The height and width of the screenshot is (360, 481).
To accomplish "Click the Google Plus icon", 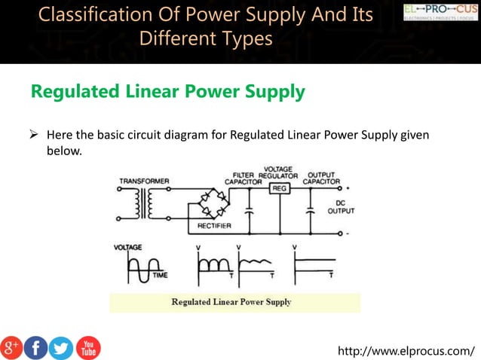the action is pyautogui.click(x=12, y=347).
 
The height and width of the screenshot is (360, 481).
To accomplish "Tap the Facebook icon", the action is pyautogui.click(x=36, y=347).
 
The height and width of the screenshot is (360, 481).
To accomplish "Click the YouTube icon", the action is pyautogui.click(x=87, y=347).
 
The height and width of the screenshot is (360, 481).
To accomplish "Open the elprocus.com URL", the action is pyautogui.click(x=407, y=350).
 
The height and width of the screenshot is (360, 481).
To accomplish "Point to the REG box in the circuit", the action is pyautogui.click(x=279, y=188).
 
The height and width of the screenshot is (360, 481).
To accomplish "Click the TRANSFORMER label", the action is pyautogui.click(x=144, y=181).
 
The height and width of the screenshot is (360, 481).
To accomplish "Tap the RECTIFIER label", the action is pyautogui.click(x=214, y=226).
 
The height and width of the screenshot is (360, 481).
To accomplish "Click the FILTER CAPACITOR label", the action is pyautogui.click(x=242, y=178).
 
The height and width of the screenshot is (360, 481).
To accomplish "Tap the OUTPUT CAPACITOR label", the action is pyautogui.click(x=320, y=178).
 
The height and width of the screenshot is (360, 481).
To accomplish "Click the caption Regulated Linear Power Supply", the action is pyautogui.click(x=231, y=302).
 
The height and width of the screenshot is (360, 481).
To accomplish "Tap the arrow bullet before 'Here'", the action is pyautogui.click(x=34, y=136).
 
